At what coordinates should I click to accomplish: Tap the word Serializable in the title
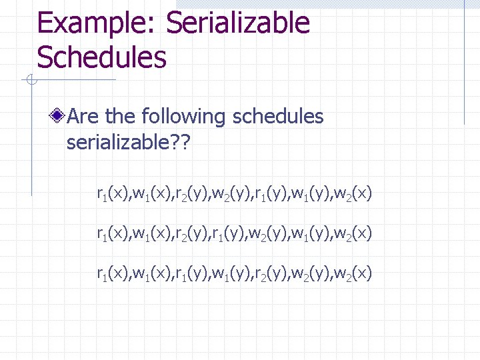point(238,23)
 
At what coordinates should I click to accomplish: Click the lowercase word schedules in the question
point(278,117)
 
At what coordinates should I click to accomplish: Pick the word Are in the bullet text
point(83,117)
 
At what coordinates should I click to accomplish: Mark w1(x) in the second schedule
point(153,234)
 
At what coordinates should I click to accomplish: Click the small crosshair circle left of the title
point(30,81)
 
